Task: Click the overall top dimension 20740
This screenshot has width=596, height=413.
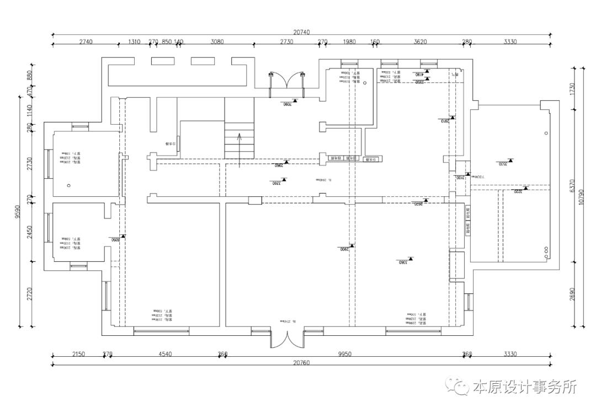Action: pos(302,33)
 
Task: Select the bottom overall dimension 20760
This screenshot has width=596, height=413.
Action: pos(302,362)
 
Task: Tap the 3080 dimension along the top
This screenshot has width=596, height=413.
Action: pos(217,42)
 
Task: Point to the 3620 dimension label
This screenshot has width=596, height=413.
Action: pos(421,42)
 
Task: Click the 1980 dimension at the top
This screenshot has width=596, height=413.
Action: pos(349,42)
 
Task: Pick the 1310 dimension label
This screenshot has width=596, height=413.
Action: pos(134,42)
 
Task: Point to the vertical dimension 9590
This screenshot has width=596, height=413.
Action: pos(18,212)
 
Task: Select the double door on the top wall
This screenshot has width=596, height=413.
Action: pos(286,81)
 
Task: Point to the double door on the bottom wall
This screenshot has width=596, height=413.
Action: pos(286,337)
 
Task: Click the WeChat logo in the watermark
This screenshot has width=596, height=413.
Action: pos(457,388)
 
